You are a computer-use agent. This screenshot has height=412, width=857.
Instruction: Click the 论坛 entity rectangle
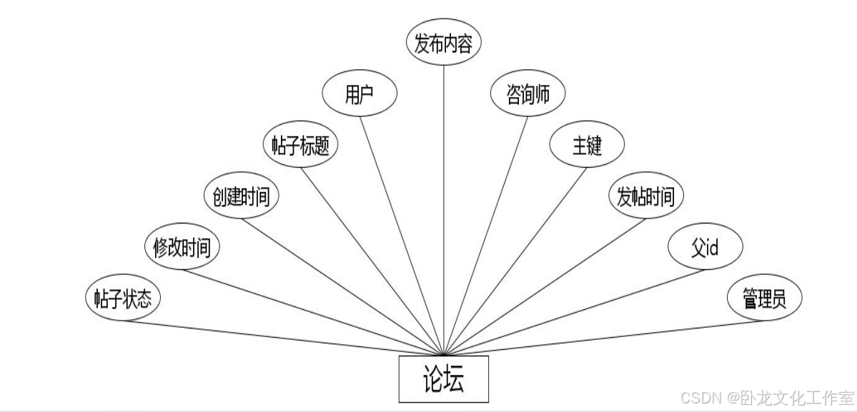pos(443,378)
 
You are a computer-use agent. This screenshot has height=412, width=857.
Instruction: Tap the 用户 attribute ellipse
pos(360,95)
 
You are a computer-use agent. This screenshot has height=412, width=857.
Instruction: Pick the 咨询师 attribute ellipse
pos(528,95)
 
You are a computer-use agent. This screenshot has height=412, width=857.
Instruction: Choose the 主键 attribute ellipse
pos(587,146)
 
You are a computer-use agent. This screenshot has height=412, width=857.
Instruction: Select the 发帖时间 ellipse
pos(645,196)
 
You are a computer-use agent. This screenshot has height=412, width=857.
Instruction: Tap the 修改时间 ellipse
pos(182,248)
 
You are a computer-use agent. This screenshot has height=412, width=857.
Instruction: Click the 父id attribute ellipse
pos(705,248)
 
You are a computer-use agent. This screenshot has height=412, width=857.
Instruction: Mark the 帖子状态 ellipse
pos(122,298)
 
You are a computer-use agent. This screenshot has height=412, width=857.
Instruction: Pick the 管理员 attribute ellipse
pos(764,298)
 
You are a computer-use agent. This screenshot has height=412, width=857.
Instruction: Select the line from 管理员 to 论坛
pos(604,337)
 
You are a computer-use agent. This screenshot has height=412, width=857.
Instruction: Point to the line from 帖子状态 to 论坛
pos(282,337)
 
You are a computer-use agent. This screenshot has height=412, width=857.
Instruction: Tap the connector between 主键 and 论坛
pos(516,260)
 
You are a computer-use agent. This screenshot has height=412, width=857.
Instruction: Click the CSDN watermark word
pos(698,397)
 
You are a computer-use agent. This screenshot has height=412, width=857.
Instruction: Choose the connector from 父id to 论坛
pos(574,311)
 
